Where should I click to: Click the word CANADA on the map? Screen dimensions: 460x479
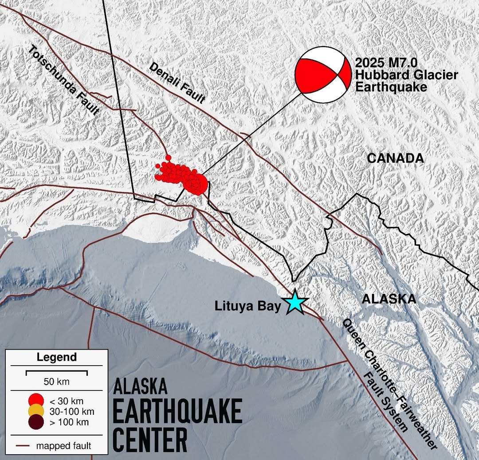(396, 158)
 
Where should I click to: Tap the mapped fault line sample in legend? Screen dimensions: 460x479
(25, 445)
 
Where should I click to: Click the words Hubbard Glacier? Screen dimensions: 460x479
(406, 75)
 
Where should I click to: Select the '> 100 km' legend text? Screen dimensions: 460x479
(69, 422)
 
